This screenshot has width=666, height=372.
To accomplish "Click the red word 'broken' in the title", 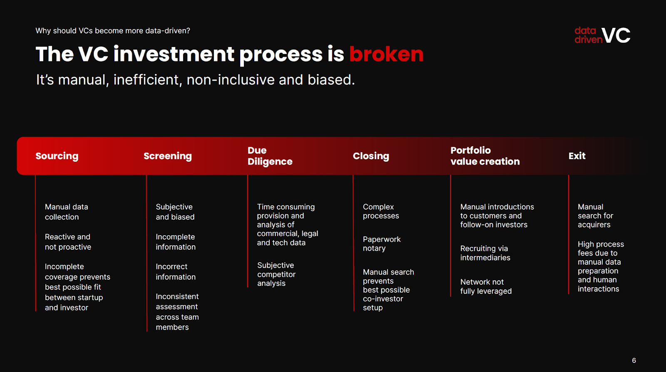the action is [x=386, y=54].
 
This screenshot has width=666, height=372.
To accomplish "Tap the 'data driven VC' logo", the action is [x=602, y=35].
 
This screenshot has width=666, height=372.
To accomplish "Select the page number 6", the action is [x=634, y=360].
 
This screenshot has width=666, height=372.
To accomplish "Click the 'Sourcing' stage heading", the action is [x=57, y=156].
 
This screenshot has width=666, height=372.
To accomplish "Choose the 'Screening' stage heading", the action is [x=168, y=156].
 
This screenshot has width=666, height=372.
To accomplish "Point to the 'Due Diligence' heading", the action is [x=270, y=156].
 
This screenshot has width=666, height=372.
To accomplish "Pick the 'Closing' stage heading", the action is [x=371, y=156].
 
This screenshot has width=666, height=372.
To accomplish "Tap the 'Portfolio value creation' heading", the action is [x=485, y=156].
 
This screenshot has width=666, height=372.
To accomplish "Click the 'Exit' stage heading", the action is [x=577, y=156].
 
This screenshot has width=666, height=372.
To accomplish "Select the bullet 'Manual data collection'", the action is [x=66, y=212].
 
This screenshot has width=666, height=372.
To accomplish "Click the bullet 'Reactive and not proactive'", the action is [x=68, y=241].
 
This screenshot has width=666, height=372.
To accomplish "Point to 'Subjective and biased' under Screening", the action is [x=175, y=212].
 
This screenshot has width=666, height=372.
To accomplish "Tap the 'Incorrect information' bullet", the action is [x=175, y=272].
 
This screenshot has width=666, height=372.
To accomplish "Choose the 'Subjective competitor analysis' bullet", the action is [x=276, y=274].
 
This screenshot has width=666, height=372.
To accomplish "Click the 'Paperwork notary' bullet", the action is [x=381, y=244].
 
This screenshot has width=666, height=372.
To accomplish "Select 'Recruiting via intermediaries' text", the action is [x=485, y=253].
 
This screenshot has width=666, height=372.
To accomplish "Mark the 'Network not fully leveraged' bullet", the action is [x=486, y=286].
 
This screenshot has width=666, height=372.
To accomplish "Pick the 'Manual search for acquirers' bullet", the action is [x=595, y=216].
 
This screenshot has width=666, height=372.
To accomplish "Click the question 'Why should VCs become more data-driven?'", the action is [x=113, y=31].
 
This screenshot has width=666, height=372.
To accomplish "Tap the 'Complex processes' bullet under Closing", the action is [x=381, y=211].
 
